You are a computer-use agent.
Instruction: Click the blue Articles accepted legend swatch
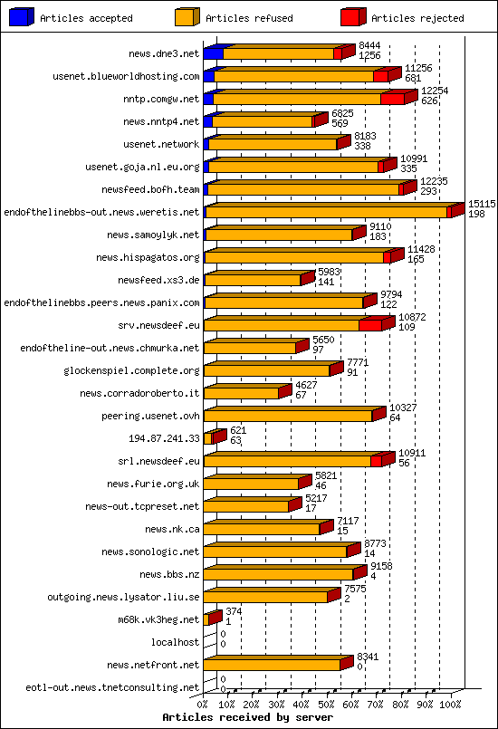coord(22,17)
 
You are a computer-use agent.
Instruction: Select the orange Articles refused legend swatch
coord(187,17)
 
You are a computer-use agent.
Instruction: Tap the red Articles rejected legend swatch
coord(353,17)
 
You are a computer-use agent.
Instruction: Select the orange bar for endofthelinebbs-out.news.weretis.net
coord(326,212)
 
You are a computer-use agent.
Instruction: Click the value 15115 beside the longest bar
coord(482,205)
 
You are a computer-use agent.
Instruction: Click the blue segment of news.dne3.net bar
coord(213,53)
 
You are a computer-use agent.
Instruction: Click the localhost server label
coord(175,642)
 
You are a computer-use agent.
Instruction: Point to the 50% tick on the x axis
coord(326,703)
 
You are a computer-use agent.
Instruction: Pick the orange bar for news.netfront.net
coord(272,665)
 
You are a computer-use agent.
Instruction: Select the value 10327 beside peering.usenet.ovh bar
coord(402,408)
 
